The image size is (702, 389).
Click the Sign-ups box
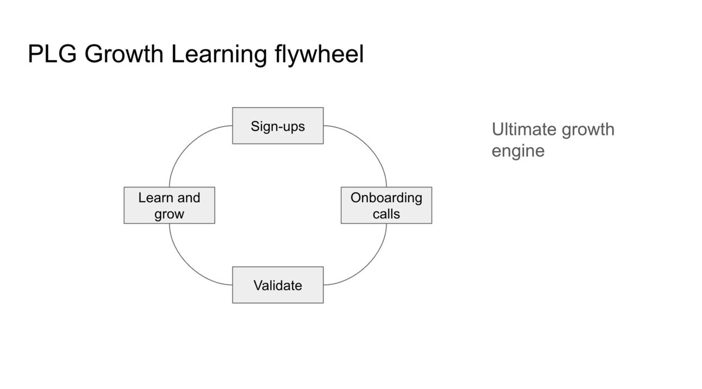278,126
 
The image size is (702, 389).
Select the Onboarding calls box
386,205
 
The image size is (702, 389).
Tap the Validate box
278,285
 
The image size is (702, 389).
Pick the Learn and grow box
169,205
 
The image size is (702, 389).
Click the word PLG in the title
52,54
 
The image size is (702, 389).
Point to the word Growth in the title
124,54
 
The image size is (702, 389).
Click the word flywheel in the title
319,55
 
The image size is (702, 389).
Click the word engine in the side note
518,152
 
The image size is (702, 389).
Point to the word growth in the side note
588,130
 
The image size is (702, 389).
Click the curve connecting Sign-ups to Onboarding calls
368,144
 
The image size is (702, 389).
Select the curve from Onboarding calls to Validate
368,267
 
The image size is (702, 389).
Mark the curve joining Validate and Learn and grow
187,267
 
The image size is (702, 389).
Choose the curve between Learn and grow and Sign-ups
187,144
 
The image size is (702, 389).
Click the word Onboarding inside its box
386,198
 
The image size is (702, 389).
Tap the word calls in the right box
386,214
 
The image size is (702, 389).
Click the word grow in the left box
169,215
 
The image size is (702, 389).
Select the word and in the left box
189,198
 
